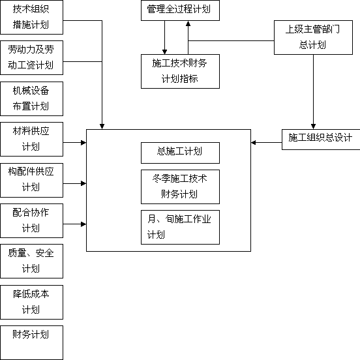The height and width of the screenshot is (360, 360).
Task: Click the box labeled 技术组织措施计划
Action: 32,17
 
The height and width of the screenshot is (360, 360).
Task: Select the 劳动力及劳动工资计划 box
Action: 32,57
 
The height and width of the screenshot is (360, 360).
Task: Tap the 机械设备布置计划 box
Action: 32,98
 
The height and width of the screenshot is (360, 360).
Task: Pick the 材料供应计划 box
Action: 32,139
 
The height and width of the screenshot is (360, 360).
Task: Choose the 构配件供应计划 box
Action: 32,180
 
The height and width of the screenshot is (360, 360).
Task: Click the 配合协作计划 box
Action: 32,220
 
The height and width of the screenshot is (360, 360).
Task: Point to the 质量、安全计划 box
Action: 32,262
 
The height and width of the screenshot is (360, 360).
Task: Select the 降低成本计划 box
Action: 32,302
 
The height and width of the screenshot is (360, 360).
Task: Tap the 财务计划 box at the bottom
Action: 32,342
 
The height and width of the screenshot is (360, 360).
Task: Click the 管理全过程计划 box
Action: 180,10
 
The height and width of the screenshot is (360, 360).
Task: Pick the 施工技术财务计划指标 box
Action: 180,71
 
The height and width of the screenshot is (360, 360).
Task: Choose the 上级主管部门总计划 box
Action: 313,37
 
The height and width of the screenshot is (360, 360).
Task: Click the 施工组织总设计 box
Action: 321,140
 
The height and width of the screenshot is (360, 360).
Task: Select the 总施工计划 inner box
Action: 180,153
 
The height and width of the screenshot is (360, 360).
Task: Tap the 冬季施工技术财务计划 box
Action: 180,187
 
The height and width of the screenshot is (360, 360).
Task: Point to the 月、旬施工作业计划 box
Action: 180,228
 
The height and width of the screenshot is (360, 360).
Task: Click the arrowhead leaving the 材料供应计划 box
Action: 83,143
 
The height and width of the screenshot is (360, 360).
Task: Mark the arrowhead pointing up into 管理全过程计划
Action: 188,23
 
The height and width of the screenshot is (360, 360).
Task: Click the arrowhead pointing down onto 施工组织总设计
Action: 313,127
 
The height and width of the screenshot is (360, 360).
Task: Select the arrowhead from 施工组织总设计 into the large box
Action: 254,143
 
